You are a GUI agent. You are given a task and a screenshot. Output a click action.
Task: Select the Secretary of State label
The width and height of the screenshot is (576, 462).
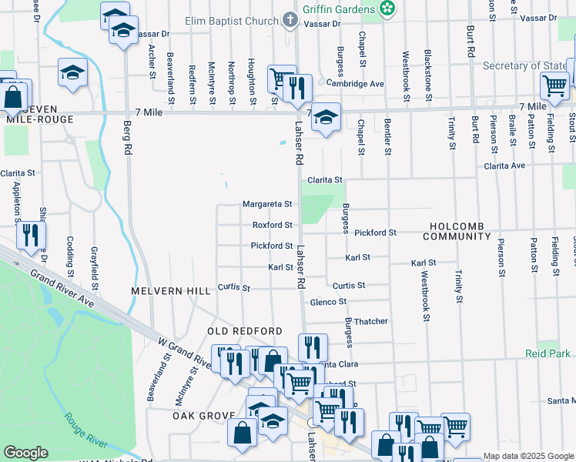pyautogui.click(x=524, y=65)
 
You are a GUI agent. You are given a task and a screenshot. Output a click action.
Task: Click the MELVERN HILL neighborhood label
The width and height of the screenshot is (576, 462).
pyautogui.click(x=170, y=291)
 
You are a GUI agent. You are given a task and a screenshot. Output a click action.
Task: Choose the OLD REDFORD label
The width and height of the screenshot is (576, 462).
pyautogui.click(x=245, y=330)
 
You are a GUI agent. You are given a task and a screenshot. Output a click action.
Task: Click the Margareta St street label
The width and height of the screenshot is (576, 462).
pyautogui.click(x=267, y=204)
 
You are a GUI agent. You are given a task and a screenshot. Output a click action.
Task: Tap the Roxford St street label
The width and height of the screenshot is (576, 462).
pyautogui.click(x=273, y=225)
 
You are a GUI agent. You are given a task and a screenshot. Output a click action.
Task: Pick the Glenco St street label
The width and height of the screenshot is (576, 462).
pyautogui.click(x=328, y=302)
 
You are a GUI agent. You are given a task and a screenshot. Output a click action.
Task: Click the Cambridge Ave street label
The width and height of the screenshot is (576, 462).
pyautogui.click(x=354, y=83)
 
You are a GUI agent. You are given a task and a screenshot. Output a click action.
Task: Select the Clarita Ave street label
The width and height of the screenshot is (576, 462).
pyautogui.click(x=504, y=165)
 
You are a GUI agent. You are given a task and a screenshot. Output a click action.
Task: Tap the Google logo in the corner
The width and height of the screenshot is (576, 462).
pyautogui.click(x=25, y=453)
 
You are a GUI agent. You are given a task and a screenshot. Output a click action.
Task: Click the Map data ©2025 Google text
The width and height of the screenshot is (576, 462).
pyautogui.click(x=527, y=457)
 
